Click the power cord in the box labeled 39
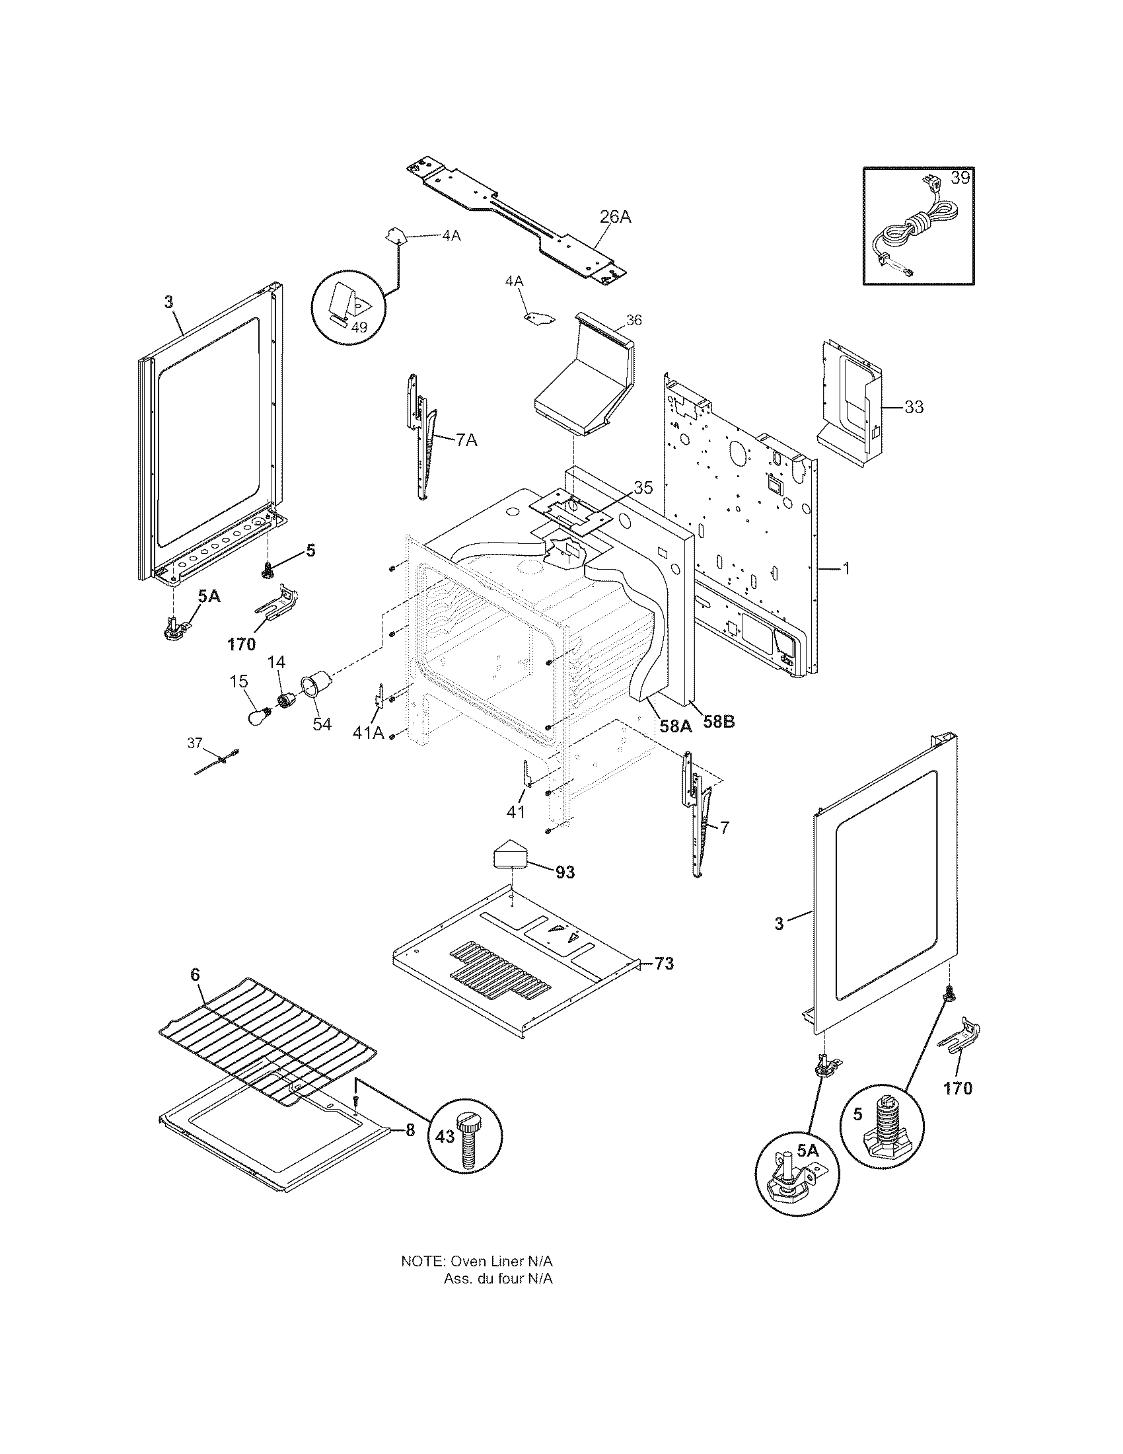tap(912, 233)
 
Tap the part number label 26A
tap(615, 217)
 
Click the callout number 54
tap(322, 724)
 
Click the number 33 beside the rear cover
tap(914, 406)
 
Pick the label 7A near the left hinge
tap(466, 440)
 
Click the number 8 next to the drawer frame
tap(410, 1129)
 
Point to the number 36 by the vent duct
tap(634, 321)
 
